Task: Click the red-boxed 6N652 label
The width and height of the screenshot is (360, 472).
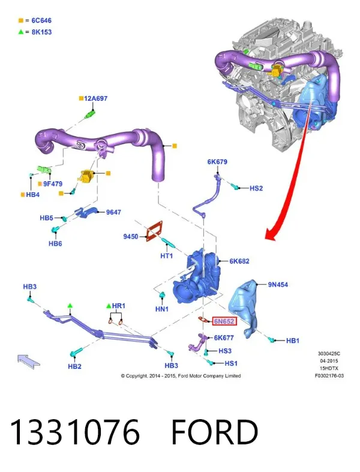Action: pyautogui.click(x=224, y=321)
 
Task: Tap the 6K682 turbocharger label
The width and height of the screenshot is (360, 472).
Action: pyautogui.click(x=239, y=261)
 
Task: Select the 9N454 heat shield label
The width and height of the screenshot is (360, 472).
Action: pyautogui.click(x=278, y=285)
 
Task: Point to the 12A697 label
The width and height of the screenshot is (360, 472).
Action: pyautogui.click(x=95, y=98)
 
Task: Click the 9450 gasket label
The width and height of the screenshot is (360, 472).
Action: pyautogui.click(x=131, y=237)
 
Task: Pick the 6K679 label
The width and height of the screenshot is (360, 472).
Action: pyautogui.click(x=217, y=162)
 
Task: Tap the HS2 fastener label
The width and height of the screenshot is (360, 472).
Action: pyautogui.click(x=256, y=188)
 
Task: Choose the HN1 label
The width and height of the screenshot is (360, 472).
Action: pyautogui.click(x=162, y=309)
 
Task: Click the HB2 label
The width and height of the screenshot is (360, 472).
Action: pyautogui.click(x=74, y=366)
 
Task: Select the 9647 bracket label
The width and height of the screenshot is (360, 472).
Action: pyautogui.click(x=113, y=212)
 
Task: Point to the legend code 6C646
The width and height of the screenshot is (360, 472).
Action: pyautogui.click(x=41, y=20)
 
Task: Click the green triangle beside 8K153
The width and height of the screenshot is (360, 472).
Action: pyautogui.click(x=21, y=32)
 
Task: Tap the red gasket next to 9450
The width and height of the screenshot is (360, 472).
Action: pyautogui.click(x=155, y=231)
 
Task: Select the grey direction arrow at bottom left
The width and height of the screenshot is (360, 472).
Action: pyautogui.click(x=28, y=361)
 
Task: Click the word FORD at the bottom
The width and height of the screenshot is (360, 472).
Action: pyautogui.click(x=215, y=432)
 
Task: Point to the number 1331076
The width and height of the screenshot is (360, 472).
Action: pyautogui.click(x=75, y=432)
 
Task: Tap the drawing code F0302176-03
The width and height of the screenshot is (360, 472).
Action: pyautogui.click(x=329, y=376)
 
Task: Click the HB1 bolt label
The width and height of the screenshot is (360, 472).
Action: pyautogui.click(x=293, y=340)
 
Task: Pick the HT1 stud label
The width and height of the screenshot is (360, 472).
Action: pyautogui.click(x=167, y=256)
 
